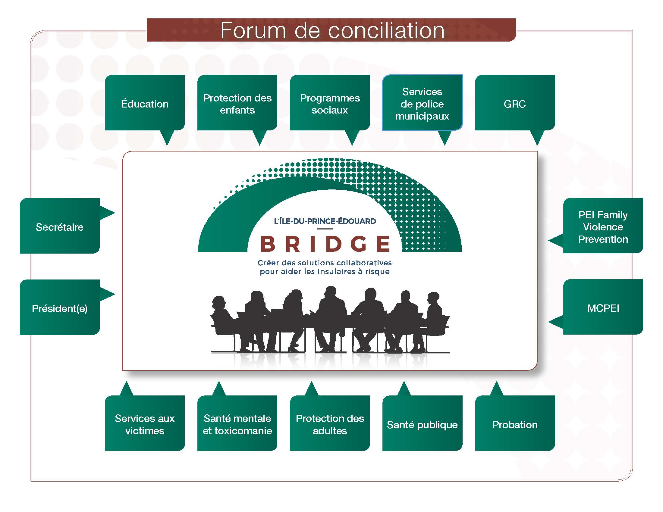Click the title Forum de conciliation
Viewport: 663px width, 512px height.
(332, 30)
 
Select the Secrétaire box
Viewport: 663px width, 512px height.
(59, 226)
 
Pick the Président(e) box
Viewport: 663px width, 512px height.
(59, 308)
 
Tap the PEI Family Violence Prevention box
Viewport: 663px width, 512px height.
(603, 226)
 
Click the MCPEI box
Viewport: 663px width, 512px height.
(603, 308)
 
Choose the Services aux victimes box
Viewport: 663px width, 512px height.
(145, 424)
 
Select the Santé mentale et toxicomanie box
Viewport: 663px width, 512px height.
(237, 424)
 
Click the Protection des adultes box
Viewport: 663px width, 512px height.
(330, 424)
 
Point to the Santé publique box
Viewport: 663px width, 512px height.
(422, 424)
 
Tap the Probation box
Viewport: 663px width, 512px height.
(514, 424)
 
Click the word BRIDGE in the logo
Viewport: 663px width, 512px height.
(325, 244)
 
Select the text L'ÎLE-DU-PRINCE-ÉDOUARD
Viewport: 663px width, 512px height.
(325, 221)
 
